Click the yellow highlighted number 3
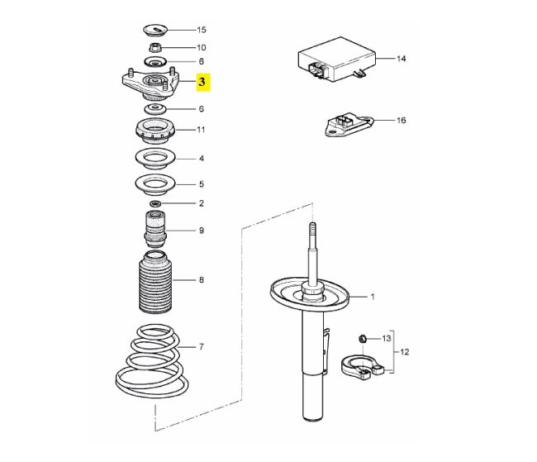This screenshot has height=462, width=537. pos(202,83)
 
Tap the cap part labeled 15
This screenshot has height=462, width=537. pos(155,30)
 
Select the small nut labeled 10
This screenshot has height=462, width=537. pos(155,47)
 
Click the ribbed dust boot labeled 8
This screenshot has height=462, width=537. pos(155,282)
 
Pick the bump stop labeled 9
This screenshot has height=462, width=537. pos(155,229)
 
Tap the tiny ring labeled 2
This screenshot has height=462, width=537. pos(155,203)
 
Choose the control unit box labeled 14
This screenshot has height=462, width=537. pos(337,59)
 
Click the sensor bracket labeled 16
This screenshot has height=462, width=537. pos(349,126)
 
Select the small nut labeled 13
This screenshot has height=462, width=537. pos(363,339)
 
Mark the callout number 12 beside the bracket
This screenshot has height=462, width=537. pos(405,352)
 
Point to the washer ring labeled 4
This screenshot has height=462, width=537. pos(155,159)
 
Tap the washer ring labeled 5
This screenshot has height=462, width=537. pos(155,185)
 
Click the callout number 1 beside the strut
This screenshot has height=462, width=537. pos(373,297)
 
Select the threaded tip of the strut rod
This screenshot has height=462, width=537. pos(312,229)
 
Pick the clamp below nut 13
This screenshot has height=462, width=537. pos(363,368)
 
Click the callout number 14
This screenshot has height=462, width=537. pos(401,59)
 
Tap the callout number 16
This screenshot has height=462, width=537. pos(401,121)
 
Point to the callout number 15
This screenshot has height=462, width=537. pos(202,30)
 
